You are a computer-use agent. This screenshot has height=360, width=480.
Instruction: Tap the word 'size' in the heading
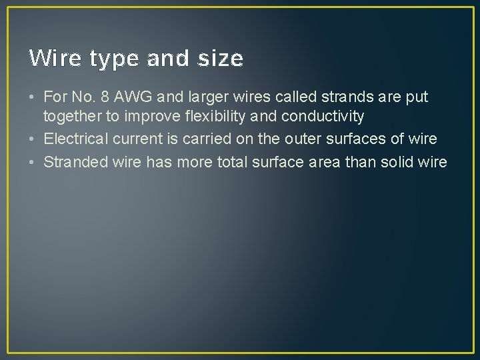click(221, 59)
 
